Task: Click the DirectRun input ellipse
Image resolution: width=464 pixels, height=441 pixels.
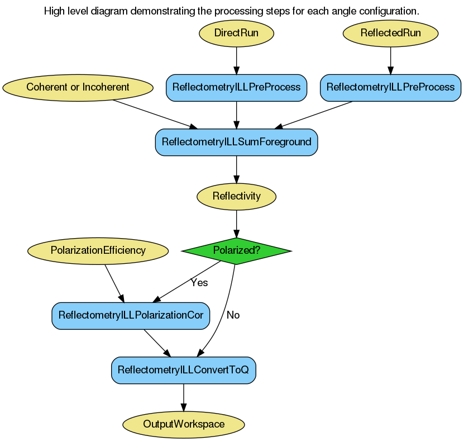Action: pos(236,33)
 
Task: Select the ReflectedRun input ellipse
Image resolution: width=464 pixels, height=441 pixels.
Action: pos(390,33)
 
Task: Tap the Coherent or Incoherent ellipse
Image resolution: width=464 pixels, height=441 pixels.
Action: pos(78,87)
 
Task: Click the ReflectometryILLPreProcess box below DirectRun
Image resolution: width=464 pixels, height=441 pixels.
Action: pos(236,87)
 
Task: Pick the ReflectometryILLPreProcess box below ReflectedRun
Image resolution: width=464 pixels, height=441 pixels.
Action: pos(390,87)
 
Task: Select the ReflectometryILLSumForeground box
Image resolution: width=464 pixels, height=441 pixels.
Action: pos(236,142)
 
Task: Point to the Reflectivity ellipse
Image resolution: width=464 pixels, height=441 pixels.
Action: pos(236,196)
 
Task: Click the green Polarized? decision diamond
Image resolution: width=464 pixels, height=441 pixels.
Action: pos(236,250)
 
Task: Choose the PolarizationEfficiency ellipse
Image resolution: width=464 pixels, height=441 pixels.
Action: pos(98,250)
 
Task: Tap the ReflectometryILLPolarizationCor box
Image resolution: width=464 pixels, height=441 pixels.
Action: pos(131,315)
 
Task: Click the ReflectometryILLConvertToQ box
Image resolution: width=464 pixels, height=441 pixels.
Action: pos(184,370)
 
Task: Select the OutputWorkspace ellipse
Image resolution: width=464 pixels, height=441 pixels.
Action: pos(184,424)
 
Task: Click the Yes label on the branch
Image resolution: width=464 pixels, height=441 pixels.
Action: pos(199,283)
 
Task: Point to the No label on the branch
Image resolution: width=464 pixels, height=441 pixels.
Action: pos(233,315)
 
